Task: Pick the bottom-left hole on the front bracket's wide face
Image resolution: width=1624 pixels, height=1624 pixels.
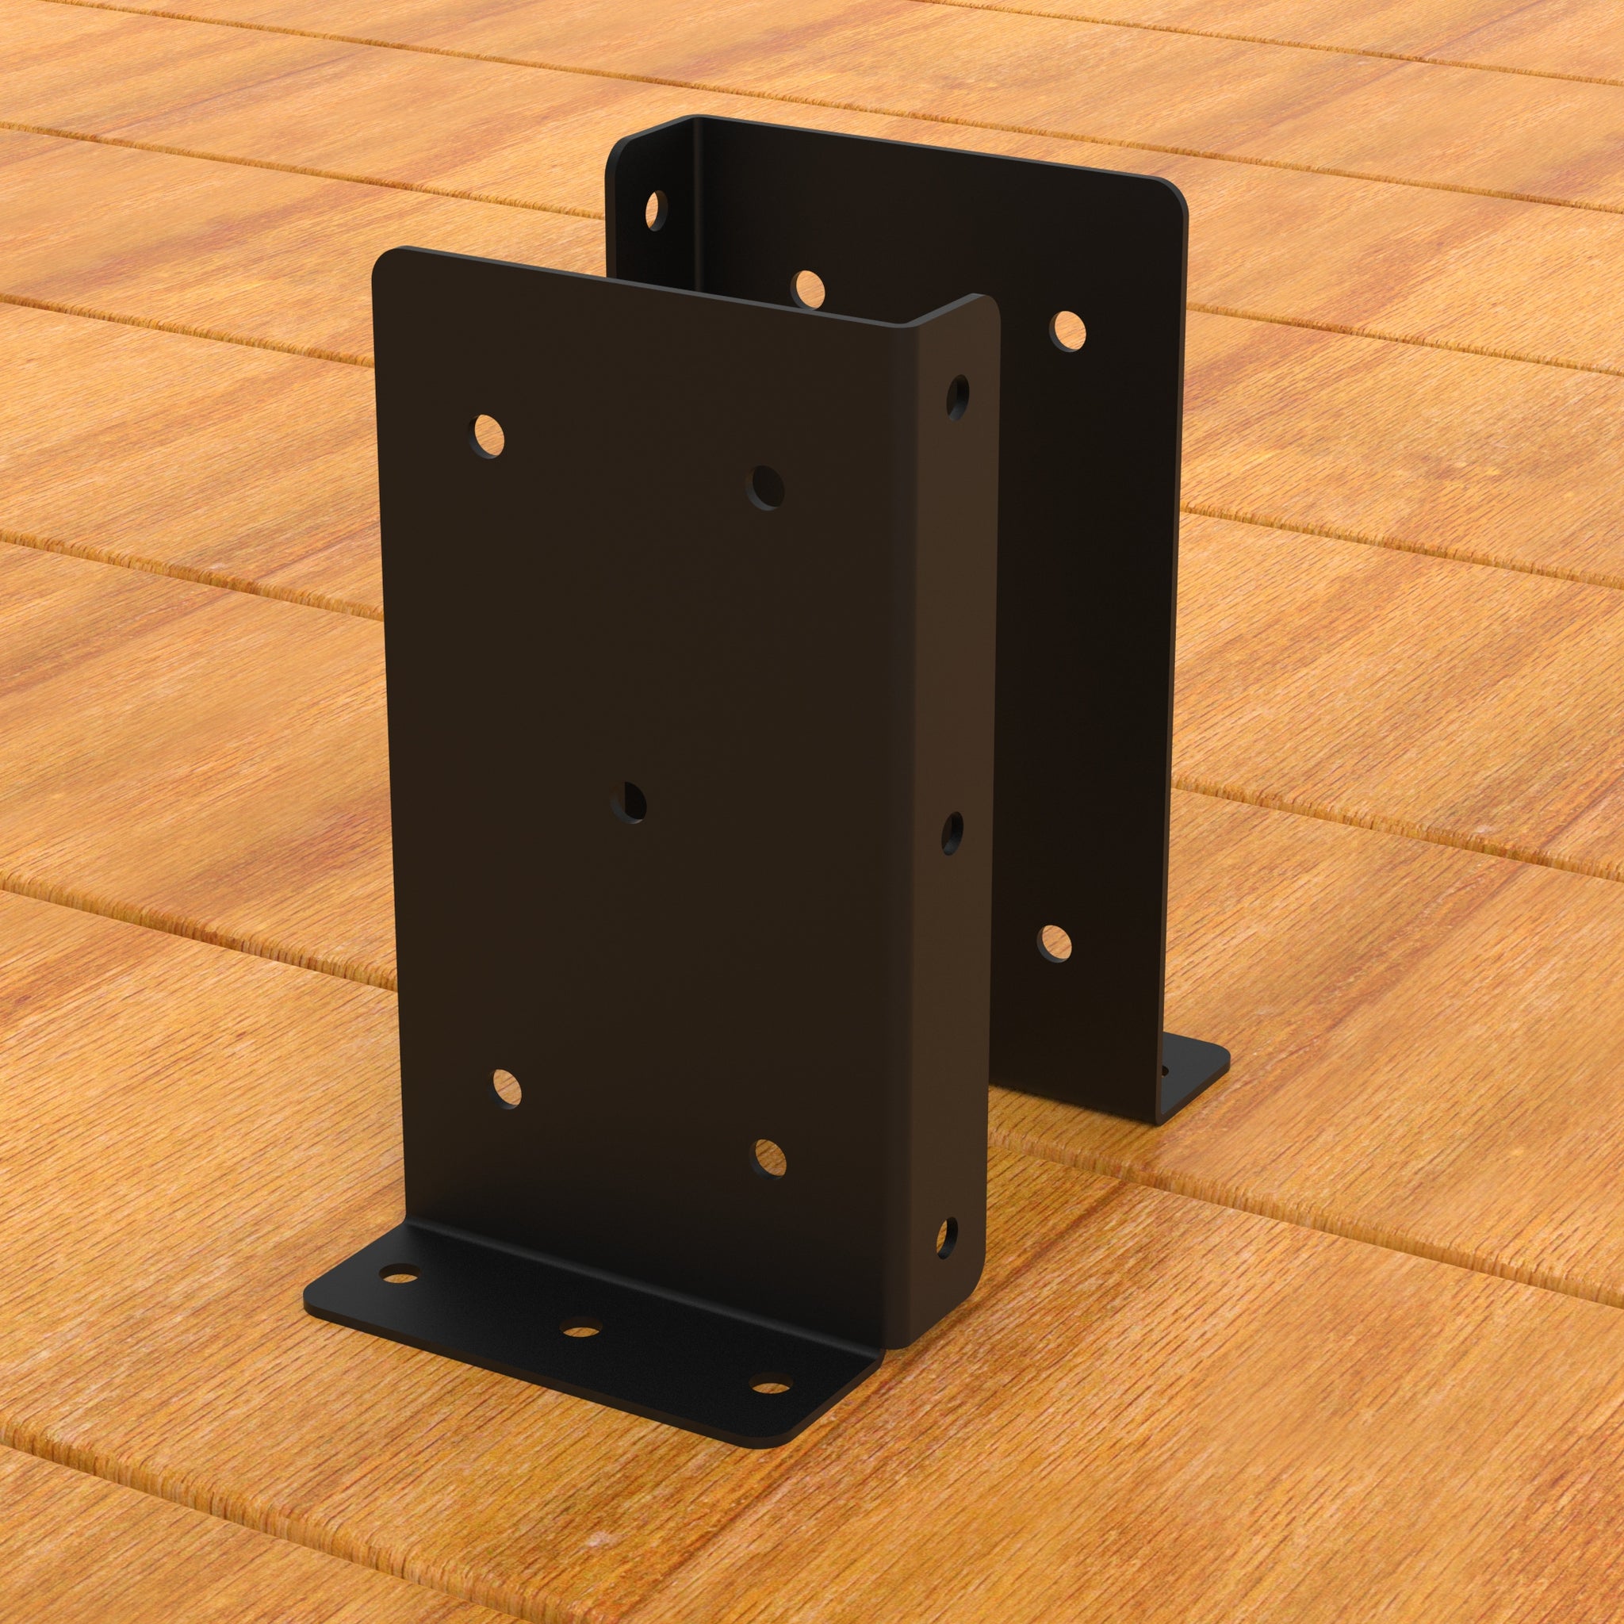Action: coord(505,1088)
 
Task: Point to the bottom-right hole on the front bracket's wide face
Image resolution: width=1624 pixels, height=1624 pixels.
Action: coord(768,1159)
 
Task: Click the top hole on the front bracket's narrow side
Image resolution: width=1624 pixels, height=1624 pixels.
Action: coord(957,396)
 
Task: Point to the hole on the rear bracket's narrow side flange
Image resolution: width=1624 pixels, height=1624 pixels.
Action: coord(655,209)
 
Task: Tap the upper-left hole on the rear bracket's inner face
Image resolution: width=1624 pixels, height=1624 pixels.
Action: coord(807,289)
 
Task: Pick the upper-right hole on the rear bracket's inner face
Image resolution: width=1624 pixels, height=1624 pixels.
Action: coord(1067,331)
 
